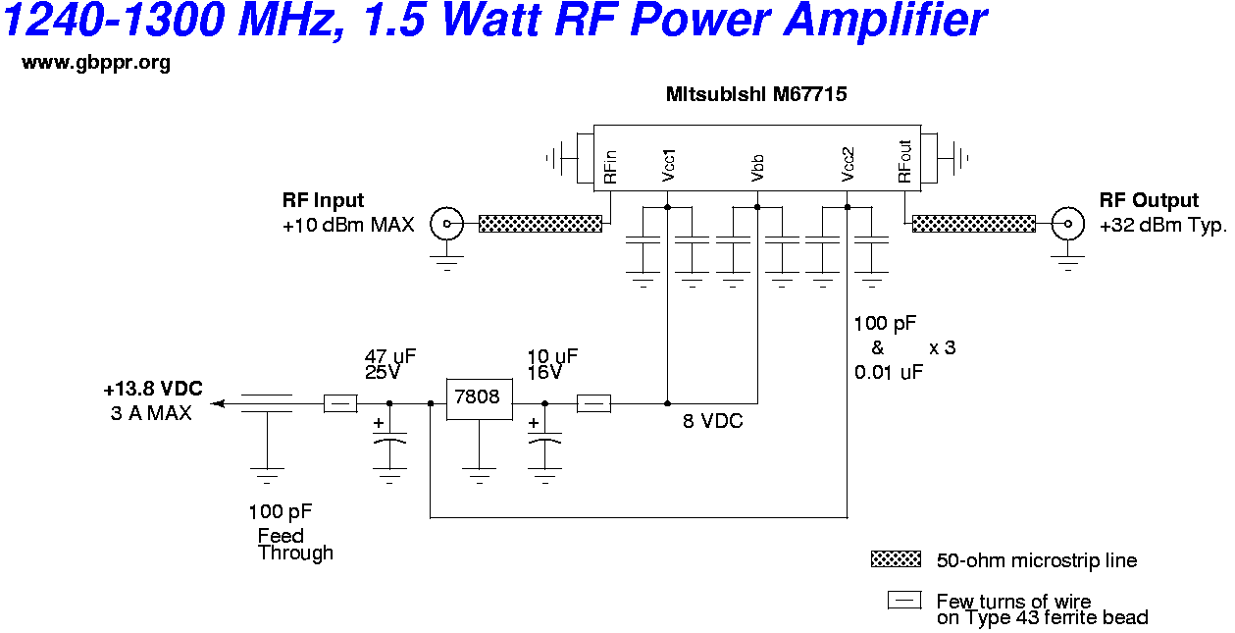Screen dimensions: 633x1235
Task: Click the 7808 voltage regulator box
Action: tap(478, 398)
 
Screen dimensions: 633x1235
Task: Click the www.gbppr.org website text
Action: tap(96, 64)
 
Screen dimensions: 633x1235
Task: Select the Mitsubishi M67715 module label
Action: tap(755, 95)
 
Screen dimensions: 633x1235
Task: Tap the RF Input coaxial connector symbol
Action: tap(448, 224)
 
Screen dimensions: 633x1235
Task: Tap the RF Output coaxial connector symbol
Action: tap(1066, 224)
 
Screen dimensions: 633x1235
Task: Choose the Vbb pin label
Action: tap(757, 168)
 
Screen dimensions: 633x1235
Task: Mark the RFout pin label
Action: tap(904, 165)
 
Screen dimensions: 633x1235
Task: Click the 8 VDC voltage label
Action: tap(713, 421)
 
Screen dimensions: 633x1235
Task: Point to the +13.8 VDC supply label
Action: tap(153, 390)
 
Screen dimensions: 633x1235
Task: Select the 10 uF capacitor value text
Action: tap(552, 356)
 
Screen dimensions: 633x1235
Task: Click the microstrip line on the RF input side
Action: tap(540, 224)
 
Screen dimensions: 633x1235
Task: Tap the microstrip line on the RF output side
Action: tap(973, 224)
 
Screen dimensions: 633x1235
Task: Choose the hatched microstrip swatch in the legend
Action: tap(896, 559)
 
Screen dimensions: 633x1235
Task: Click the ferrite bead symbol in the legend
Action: tap(903, 601)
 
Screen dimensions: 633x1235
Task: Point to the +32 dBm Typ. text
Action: tap(1163, 225)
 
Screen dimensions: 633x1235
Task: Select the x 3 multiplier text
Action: tap(942, 347)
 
